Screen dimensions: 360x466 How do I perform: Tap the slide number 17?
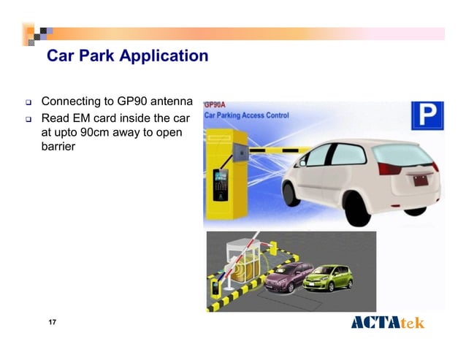[x=52, y=323]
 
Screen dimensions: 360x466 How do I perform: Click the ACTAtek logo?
[x=387, y=323]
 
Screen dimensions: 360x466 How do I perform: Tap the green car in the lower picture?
[x=327, y=278]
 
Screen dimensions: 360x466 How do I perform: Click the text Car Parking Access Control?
[x=246, y=115]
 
